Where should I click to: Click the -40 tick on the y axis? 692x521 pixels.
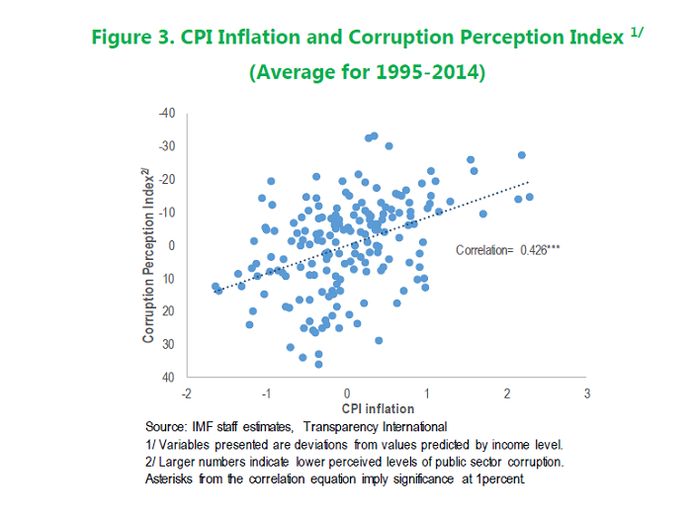tap(167, 113)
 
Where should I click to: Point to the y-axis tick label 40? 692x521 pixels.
tap(168, 378)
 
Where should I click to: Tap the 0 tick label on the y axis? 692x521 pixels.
tap(171, 245)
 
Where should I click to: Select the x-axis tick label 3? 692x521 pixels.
tap(587, 394)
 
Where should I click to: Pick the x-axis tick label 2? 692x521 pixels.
tap(507, 394)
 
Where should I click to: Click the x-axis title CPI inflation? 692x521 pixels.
tap(378, 408)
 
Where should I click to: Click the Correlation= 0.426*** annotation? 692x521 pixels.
tap(507, 251)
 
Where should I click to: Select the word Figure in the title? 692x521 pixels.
tap(124, 38)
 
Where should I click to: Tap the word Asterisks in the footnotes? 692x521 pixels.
tap(169, 479)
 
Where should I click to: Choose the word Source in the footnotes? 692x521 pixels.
tap(165, 426)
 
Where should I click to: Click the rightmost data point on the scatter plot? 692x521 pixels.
tap(529, 197)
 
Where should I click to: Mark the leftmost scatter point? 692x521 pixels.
tap(216, 287)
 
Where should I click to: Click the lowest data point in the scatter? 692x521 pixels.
tap(318, 364)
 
